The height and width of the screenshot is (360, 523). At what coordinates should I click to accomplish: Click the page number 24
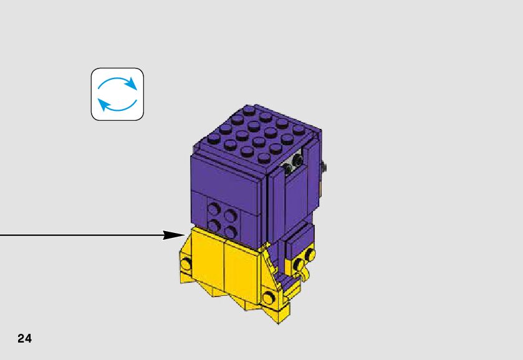point(25,339)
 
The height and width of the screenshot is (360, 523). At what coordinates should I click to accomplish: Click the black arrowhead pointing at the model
point(173,235)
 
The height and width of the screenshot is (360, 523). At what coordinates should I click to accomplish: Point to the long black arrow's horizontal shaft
point(81,235)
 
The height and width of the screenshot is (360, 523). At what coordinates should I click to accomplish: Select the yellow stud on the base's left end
point(186,264)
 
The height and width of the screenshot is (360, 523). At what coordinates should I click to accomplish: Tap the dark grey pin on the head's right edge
point(324,166)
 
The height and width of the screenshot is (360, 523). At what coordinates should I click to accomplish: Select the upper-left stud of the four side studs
point(215,209)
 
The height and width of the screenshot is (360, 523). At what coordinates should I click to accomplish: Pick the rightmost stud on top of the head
point(299,129)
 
